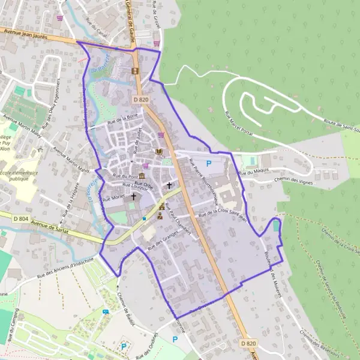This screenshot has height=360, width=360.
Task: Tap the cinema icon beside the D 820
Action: pyautogui.click(x=135, y=71)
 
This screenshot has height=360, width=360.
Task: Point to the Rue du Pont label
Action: pyautogui.click(x=125, y=176)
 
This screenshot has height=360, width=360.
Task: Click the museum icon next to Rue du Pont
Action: pyautogui.click(x=141, y=175)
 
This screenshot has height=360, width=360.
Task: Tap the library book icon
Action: pyautogui.click(x=158, y=152)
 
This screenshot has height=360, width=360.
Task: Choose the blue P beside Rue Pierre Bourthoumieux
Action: pyautogui.click(x=209, y=163)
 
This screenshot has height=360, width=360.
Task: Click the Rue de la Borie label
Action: pyautogui.click(x=122, y=121)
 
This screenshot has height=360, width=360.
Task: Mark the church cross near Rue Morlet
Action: pyautogui.click(x=133, y=196)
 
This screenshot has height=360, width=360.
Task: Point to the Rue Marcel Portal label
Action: pyautogui.click(x=236, y=123)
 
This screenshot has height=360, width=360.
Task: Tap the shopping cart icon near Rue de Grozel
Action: pyautogui.click(x=157, y=43)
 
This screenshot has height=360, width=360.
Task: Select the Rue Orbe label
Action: pyautogui.click(x=144, y=185)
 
